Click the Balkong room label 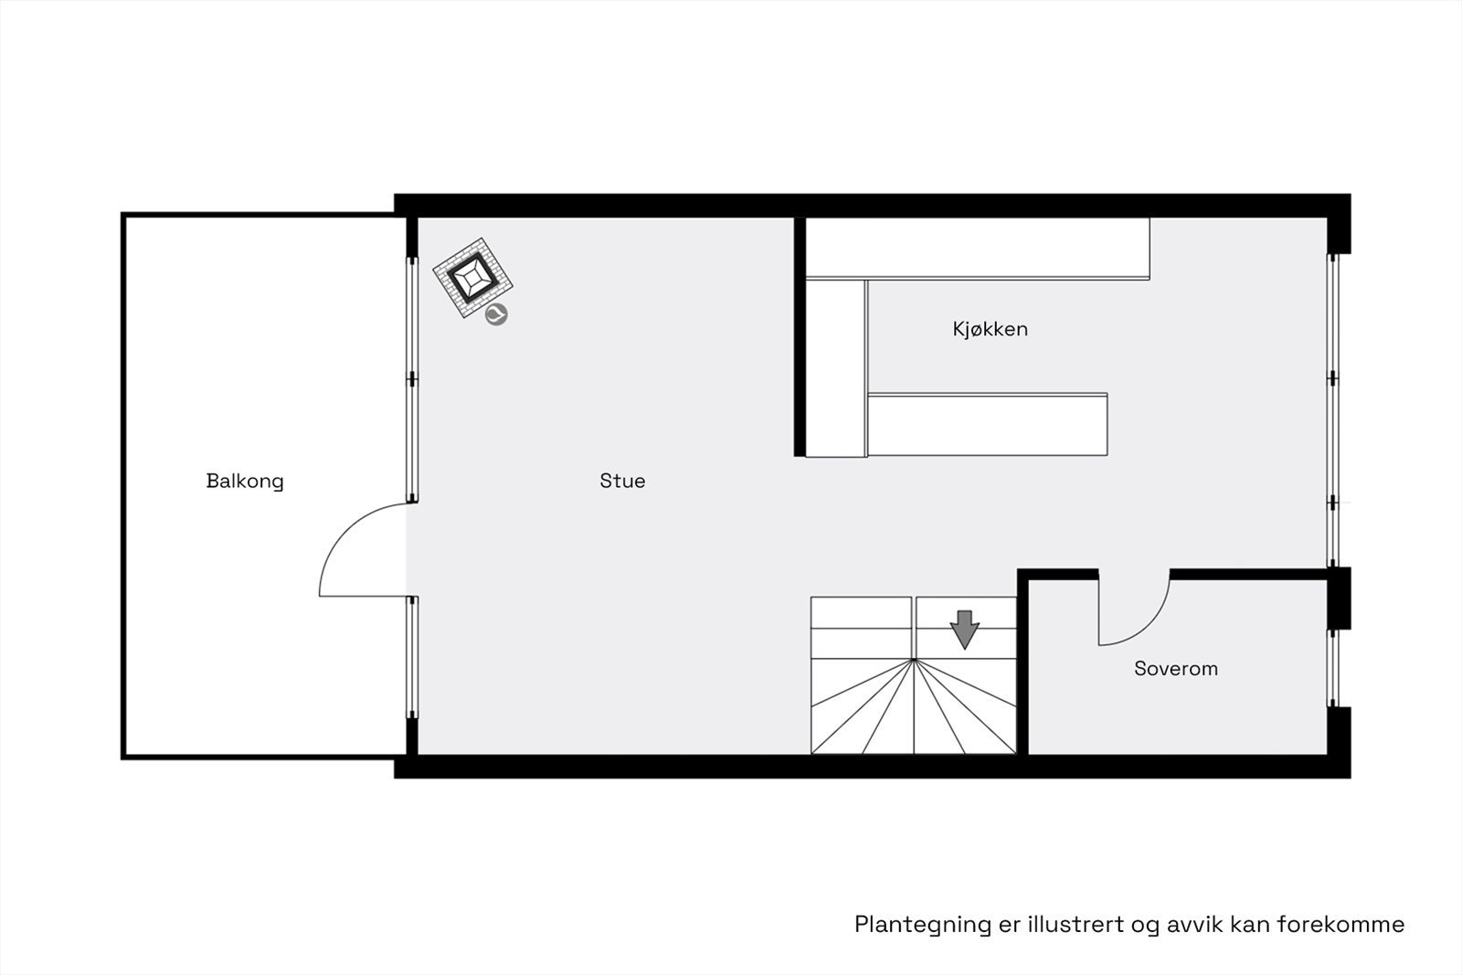coord(245,481)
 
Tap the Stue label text coord(622,481)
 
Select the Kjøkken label coord(990,329)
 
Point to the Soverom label coord(1175,668)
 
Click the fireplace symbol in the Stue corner coord(472,279)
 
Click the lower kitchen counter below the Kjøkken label coord(987,424)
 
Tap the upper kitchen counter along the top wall coord(976,248)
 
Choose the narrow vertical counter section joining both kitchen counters coord(835,367)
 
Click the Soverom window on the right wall coord(1332,668)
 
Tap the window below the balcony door coord(412,658)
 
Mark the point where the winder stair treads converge coord(914,659)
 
